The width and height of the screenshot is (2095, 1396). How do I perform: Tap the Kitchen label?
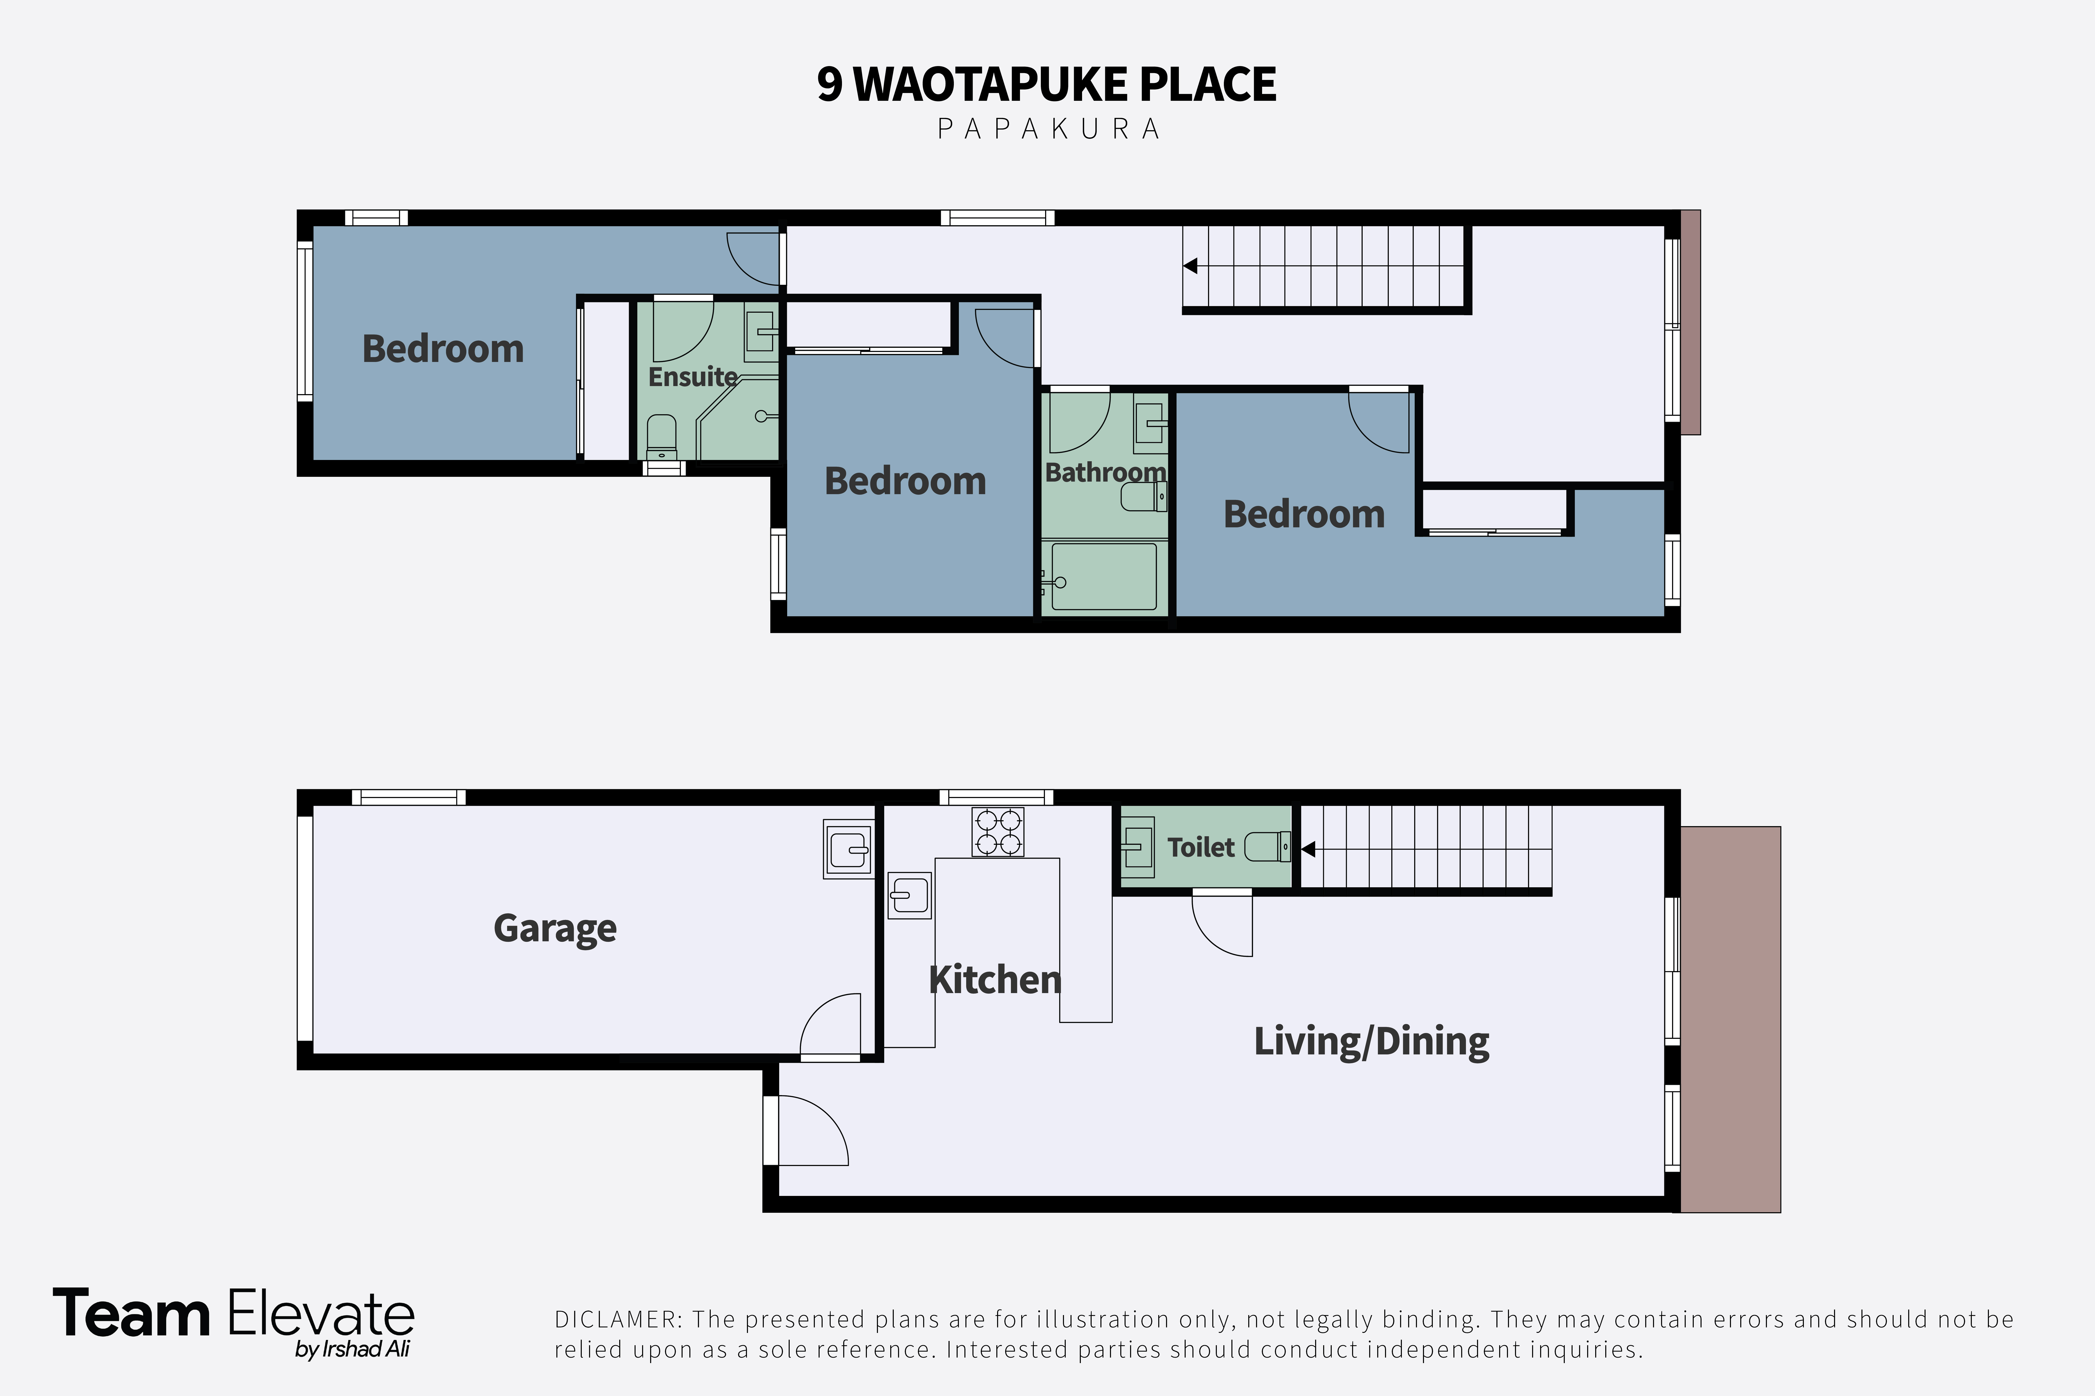tap(995, 979)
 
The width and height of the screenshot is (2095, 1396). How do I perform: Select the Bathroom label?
tap(1105, 472)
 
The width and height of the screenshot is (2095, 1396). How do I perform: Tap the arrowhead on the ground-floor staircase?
tap(1308, 849)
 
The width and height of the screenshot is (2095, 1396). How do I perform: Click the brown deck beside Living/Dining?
tap(1730, 1019)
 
